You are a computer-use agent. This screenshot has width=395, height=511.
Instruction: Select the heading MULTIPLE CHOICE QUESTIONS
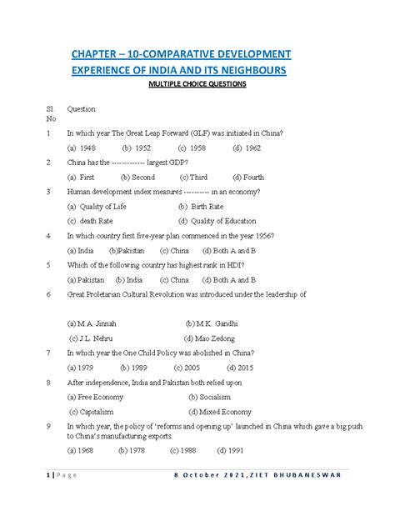coord(197,84)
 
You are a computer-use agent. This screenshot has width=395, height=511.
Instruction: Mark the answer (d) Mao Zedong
coord(213,338)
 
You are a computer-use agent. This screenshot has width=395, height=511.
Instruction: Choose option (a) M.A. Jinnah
coord(92,323)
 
